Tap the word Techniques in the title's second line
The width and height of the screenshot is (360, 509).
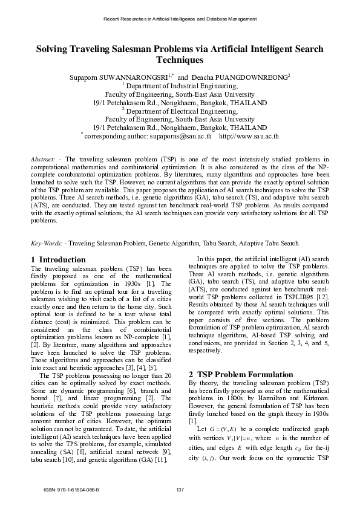[180, 60]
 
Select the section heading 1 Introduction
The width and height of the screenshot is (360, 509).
[58, 260]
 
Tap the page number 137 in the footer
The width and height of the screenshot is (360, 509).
[180, 489]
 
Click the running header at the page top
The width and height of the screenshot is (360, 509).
[180, 19]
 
